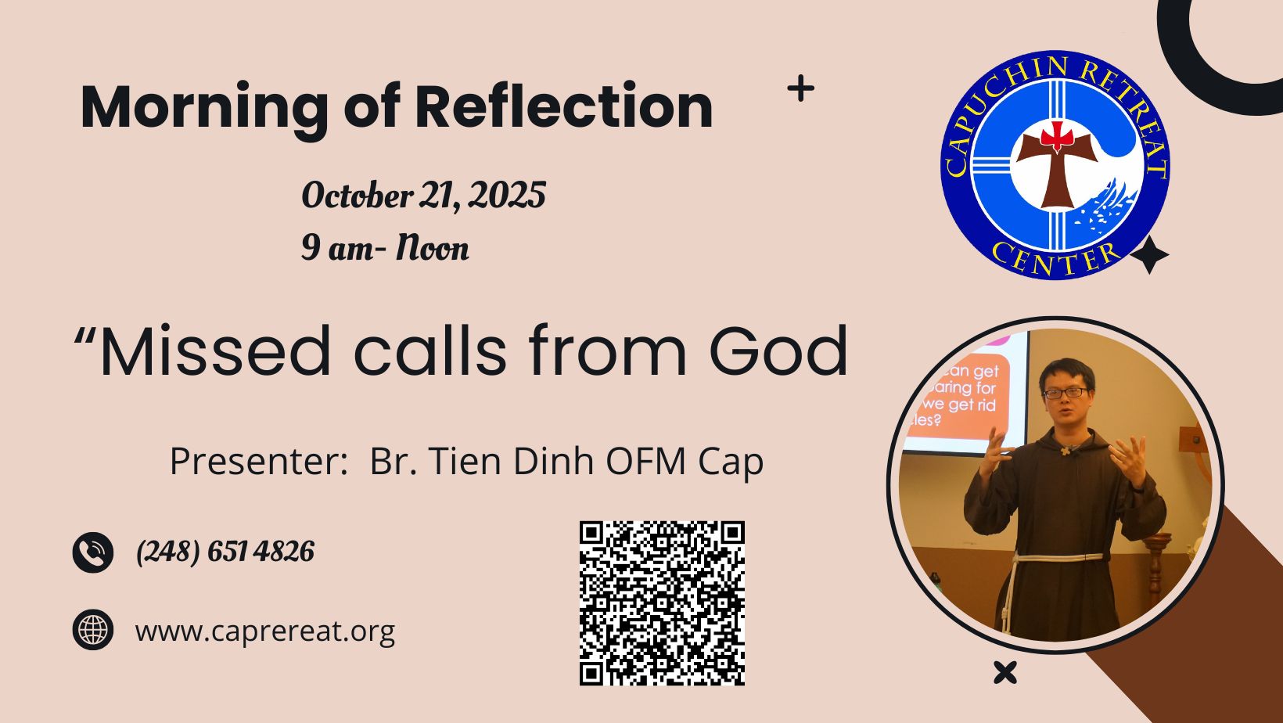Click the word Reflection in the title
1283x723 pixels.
563,106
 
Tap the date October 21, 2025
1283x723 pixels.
423,196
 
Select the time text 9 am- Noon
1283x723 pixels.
385,248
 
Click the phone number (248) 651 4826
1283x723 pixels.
225,552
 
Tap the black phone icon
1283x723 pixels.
93,552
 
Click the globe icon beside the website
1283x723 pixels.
93,630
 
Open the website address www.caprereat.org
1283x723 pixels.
265,631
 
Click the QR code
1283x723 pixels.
662,603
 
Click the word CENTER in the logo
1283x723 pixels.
1055,259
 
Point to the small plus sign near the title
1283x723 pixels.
801,88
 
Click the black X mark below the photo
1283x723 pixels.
1005,673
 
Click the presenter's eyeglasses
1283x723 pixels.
1066,393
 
